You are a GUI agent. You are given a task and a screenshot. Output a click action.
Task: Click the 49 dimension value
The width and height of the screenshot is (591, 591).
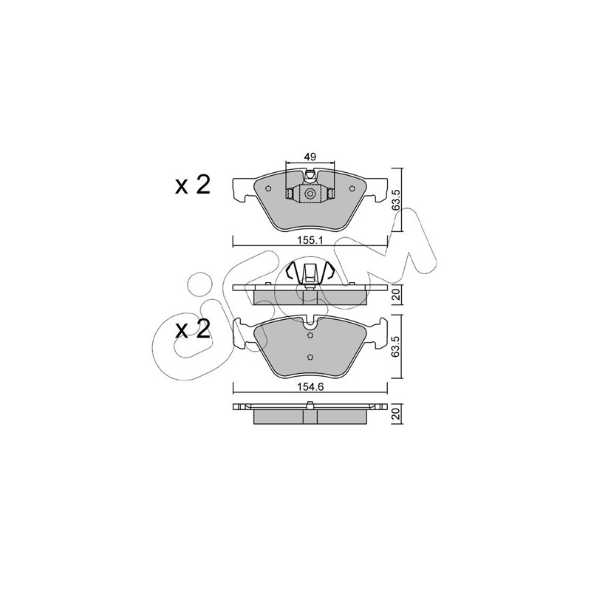pyautogui.click(x=310, y=157)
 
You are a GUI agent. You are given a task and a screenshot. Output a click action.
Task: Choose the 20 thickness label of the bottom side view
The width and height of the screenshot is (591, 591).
pyautogui.click(x=396, y=414)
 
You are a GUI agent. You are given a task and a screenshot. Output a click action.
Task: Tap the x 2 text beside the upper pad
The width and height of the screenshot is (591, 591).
pyautogui.click(x=193, y=185)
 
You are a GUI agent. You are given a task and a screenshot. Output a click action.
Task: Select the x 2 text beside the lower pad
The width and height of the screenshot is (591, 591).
pyautogui.click(x=193, y=329)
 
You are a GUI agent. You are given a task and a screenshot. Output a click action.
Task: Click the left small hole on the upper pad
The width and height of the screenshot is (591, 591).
pyautogui.click(x=268, y=189)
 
